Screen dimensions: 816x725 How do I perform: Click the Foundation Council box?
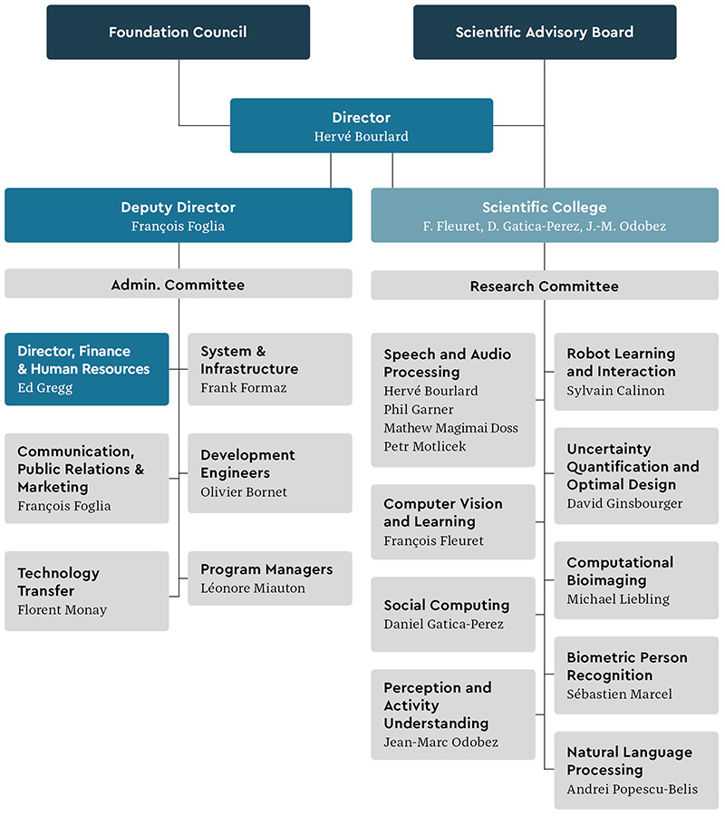pyautogui.click(x=178, y=33)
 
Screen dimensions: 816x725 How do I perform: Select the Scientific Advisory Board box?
pyautogui.click(x=545, y=33)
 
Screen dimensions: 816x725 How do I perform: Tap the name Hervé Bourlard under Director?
pyautogui.click(x=361, y=136)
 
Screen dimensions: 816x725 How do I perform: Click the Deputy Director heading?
pyautogui.click(x=178, y=208)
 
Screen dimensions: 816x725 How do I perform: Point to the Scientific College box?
pyautogui.click(x=545, y=216)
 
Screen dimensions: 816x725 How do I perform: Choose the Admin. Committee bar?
pyautogui.click(x=178, y=284)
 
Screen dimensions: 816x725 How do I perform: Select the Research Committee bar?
pyautogui.click(x=545, y=286)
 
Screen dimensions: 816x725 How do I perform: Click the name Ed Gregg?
pyautogui.click(x=43, y=387)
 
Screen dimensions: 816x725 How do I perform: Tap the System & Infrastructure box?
pyautogui.click(x=269, y=369)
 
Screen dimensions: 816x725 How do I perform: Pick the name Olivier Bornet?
pyautogui.click(x=243, y=491)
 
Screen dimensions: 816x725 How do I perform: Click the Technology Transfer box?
pyautogui.click(x=86, y=591)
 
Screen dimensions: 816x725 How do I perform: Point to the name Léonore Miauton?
pyautogui.click(x=252, y=588)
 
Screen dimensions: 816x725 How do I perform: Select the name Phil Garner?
pyautogui.click(x=419, y=409)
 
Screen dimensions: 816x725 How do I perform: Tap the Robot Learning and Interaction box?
pyautogui.click(x=636, y=372)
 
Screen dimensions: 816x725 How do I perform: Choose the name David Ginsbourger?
pyautogui.click(x=624, y=503)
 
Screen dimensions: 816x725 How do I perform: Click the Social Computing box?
pyautogui.click(x=452, y=614)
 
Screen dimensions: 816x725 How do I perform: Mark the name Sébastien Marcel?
pyautogui.click(x=619, y=694)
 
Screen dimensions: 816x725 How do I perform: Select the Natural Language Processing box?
pyautogui.click(x=636, y=770)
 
